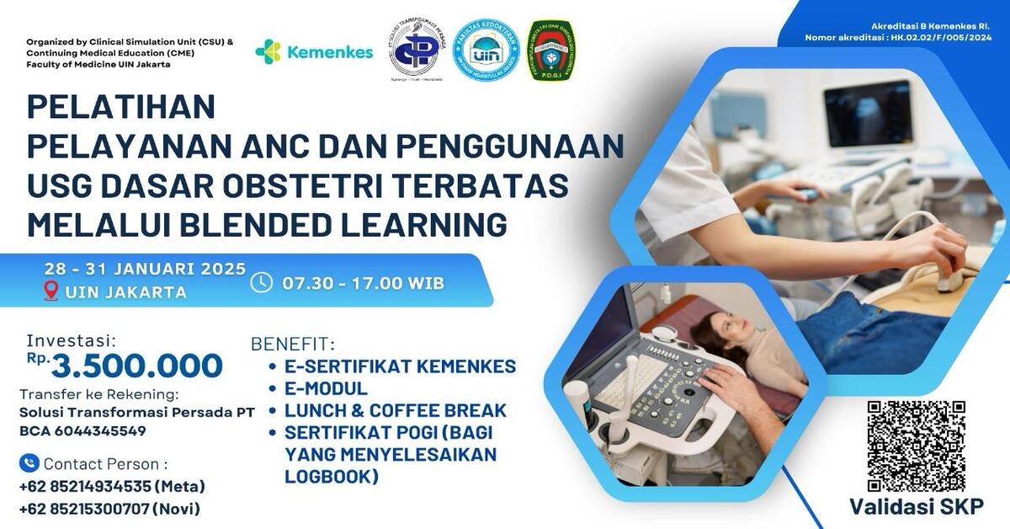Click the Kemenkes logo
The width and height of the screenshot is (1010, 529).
[x=313, y=52]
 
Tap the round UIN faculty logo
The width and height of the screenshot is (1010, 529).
[x=486, y=51]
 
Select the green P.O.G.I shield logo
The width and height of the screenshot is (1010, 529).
[x=550, y=51]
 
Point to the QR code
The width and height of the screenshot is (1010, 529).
[x=916, y=446]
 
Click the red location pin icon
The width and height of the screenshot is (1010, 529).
[x=51, y=291]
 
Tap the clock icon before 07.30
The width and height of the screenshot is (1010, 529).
[x=262, y=282]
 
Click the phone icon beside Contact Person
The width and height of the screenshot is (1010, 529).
[x=29, y=463]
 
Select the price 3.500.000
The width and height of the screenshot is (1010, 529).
[x=136, y=366]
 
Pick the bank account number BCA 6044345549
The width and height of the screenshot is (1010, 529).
[x=82, y=430]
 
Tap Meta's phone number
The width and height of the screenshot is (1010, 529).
[x=111, y=486]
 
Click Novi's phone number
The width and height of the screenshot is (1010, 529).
[x=109, y=509]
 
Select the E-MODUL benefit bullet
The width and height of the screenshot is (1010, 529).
[x=325, y=388]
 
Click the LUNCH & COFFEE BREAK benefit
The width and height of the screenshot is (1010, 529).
[x=395, y=411]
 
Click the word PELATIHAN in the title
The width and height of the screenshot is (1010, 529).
[x=121, y=107]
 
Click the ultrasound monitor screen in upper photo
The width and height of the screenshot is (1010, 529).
[x=867, y=112]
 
